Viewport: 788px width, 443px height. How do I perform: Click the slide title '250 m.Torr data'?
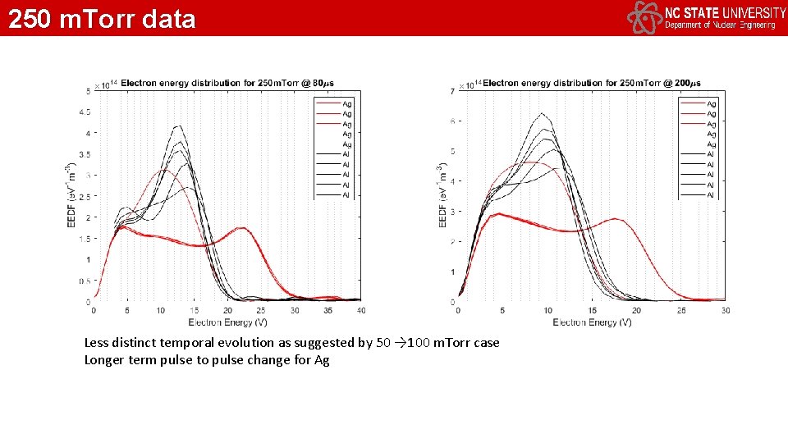click(102, 18)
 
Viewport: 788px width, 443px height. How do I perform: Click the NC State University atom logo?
click(644, 17)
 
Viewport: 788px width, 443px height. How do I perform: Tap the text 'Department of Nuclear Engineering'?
click(719, 25)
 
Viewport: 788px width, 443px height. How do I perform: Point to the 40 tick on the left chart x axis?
click(360, 310)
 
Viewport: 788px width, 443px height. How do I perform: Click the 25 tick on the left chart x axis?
click(260, 310)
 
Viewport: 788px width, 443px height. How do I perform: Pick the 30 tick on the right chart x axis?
click(725, 310)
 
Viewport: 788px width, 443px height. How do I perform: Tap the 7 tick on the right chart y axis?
click(453, 90)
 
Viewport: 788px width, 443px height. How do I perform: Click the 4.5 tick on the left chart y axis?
click(85, 112)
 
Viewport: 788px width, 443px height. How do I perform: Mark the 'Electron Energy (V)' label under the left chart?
click(227, 322)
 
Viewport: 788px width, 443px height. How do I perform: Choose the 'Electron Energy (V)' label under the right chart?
click(592, 322)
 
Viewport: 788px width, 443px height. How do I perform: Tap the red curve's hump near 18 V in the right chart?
click(616, 219)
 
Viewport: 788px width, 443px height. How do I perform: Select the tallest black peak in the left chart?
click(177, 126)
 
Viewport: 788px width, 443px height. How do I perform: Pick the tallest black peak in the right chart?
click(542, 113)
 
